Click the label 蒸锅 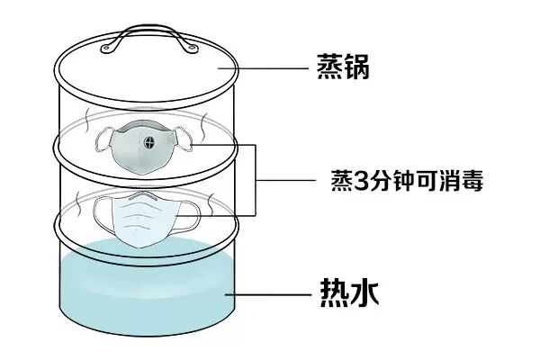[x=345, y=67]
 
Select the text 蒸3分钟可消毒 [x=406, y=182]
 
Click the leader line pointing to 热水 [x=270, y=293]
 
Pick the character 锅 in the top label [x=360, y=67]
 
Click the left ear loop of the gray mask [x=102, y=139]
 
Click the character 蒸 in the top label [x=328, y=67]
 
